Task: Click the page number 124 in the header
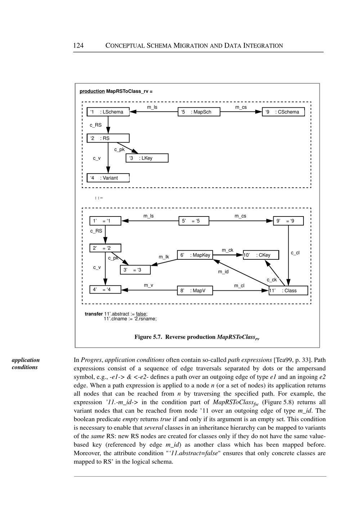click(x=78, y=45)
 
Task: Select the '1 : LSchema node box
click(x=108, y=112)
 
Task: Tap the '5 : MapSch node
click(x=199, y=112)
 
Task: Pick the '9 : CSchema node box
click(x=283, y=112)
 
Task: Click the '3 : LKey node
click(x=147, y=158)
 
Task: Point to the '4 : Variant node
click(x=108, y=178)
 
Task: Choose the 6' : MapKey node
click(x=195, y=255)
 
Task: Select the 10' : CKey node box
click(x=261, y=255)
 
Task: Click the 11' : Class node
click(x=288, y=291)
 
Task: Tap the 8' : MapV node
click(x=195, y=291)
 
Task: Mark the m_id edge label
click(x=223, y=272)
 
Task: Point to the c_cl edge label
click(x=295, y=253)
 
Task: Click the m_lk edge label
click(x=164, y=257)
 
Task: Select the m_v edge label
click(x=148, y=285)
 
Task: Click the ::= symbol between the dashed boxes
click(x=99, y=198)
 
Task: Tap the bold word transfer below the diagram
click(x=94, y=314)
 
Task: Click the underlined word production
click(x=92, y=91)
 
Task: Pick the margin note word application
click(x=26, y=360)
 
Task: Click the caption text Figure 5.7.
click(x=148, y=337)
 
